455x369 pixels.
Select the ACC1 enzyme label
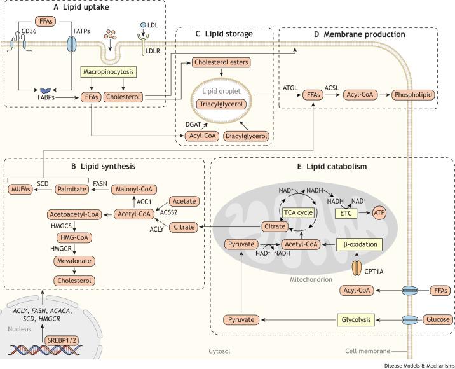(x=144, y=201)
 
